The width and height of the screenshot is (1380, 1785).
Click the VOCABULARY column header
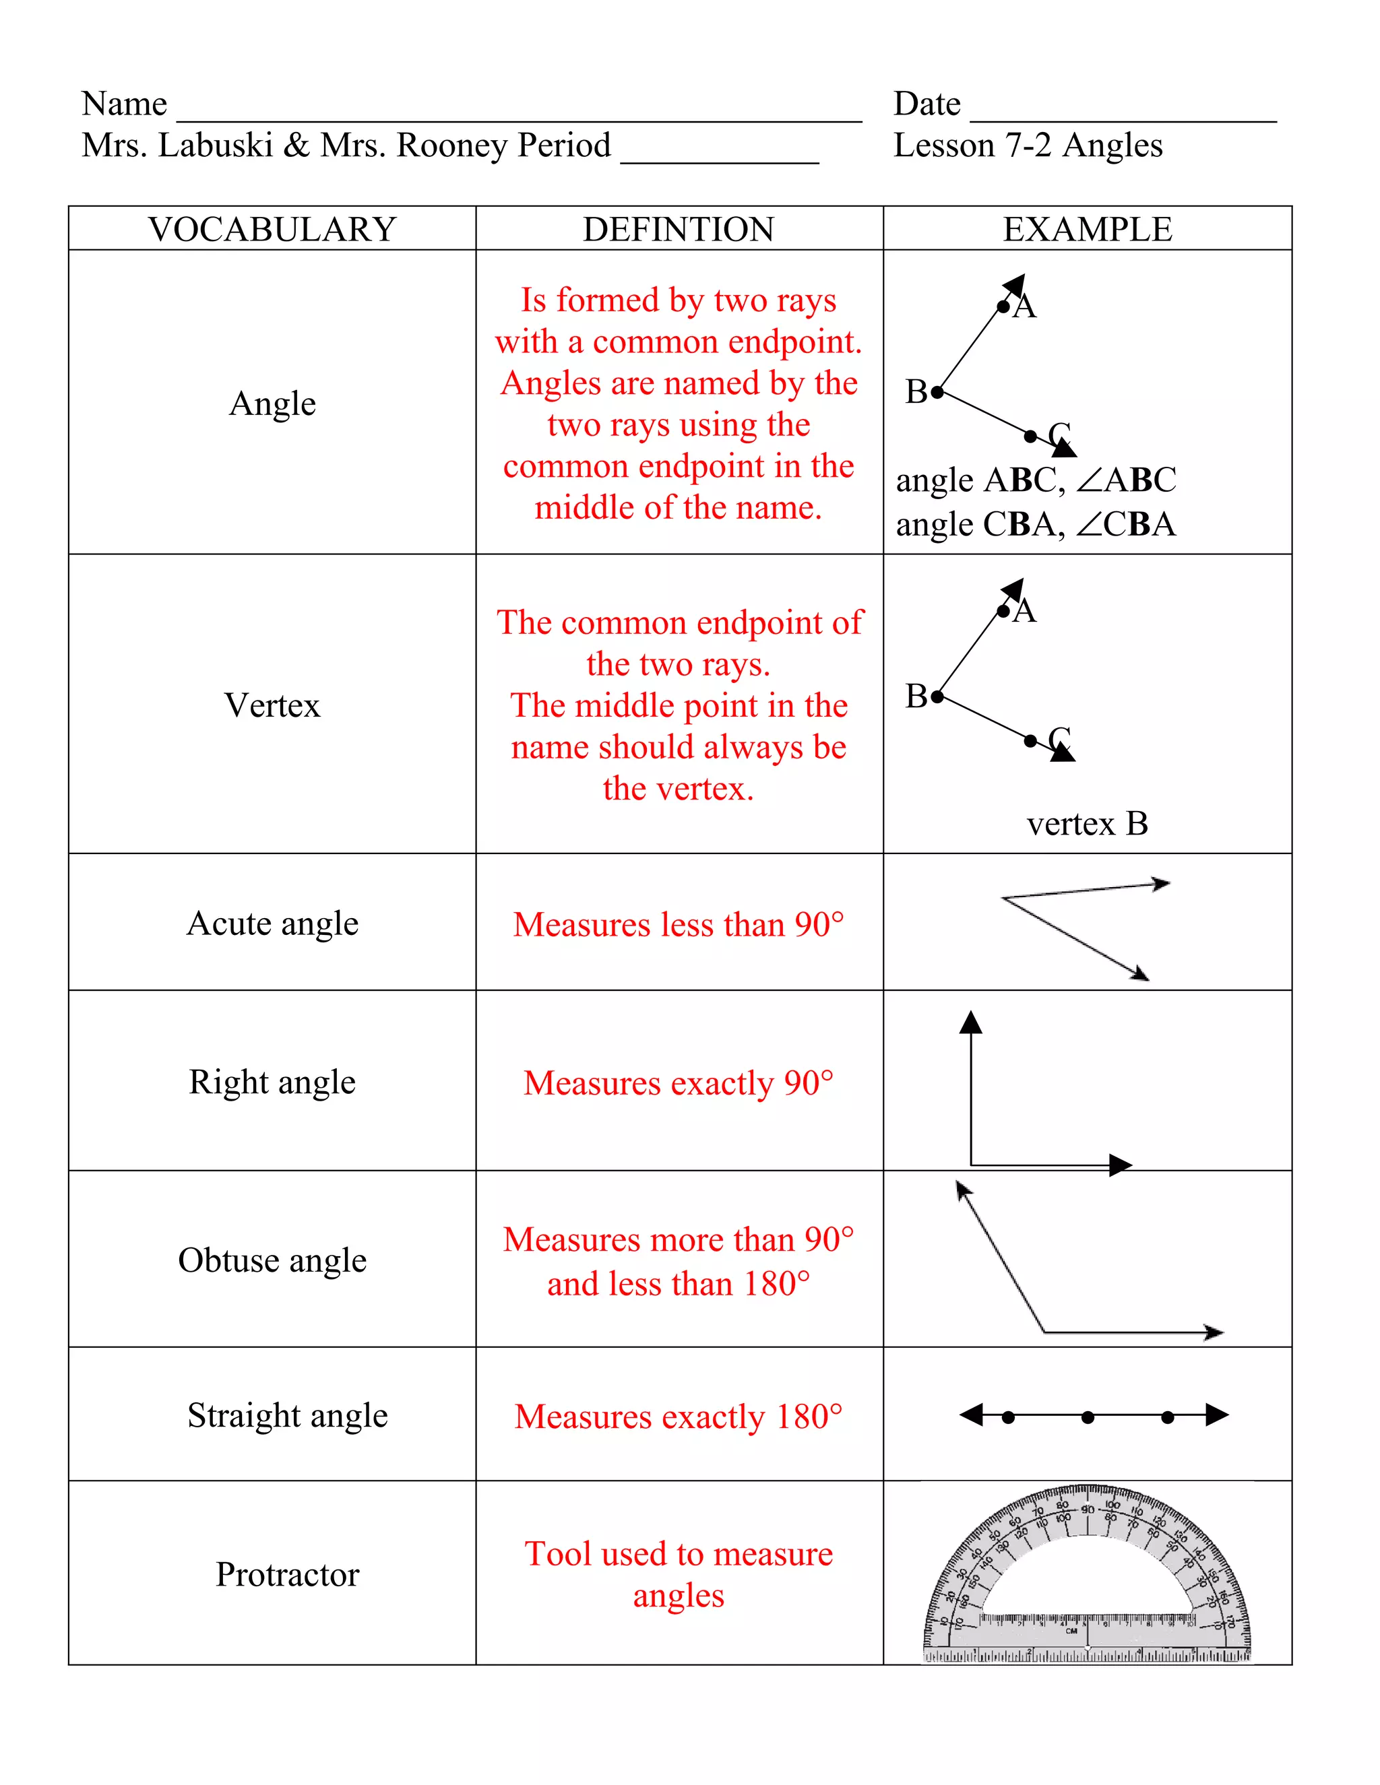(x=272, y=230)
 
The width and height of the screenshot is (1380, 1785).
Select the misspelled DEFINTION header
(x=679, y=230)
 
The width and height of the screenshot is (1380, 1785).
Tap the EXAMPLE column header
(x=1088, y=230)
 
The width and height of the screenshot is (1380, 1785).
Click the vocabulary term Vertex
(x=272, y=705)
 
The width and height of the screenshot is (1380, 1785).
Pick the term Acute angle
(x=272, y=923)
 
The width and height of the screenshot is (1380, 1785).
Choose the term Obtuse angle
(x=272, y=1260)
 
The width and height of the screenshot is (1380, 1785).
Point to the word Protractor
(x=287, y=1574)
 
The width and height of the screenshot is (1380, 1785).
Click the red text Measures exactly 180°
(x=679, y=1417)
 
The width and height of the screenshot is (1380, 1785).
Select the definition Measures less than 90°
(x=679, y=924)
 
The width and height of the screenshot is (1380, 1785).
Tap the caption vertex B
(x=1088, y=824)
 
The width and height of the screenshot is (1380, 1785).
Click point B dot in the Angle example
(x=938, y=392)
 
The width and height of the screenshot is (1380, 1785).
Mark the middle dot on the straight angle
(x=1088, y=1417)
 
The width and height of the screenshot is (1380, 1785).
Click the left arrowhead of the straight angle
(x=970, y=1415)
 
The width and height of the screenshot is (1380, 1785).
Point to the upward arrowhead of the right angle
(x=970, y=1022)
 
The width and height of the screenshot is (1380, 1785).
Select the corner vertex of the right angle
(x=971, y=1165)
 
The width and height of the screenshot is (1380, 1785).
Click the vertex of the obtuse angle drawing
(x=1044, y=1332)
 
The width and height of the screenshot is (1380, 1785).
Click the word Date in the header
(x=927, y=104)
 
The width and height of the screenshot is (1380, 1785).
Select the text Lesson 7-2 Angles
(x=1028, y=145)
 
